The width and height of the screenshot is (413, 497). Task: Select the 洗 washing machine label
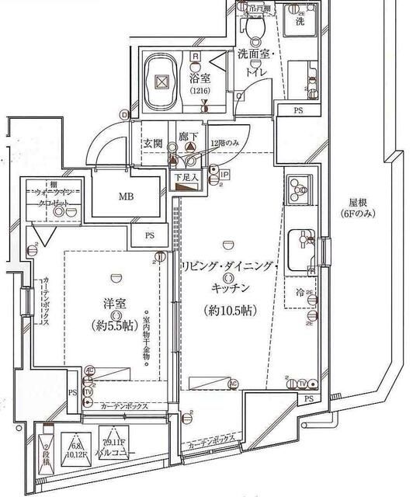tap(300, 23)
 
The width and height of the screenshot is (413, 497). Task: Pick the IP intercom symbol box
tap(224, 176)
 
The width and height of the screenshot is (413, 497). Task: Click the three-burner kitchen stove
tap(299, 189)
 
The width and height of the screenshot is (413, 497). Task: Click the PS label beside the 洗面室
tap(298, 112)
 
